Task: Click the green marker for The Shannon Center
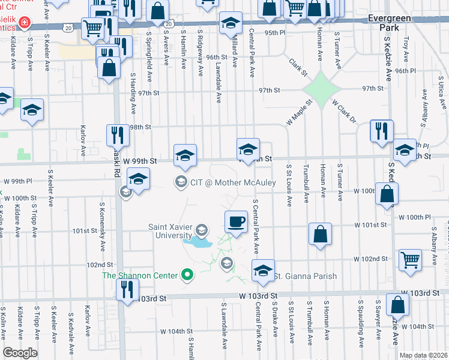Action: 187,275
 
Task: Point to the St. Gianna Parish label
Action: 306,276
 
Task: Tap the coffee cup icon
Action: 236,221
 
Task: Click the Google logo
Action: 20,353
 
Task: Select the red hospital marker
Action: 24,23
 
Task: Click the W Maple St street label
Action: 300,113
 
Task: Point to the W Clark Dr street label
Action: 344,112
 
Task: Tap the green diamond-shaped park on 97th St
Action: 321,89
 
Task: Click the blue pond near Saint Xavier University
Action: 198,244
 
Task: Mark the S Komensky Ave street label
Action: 103,235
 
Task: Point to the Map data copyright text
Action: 423,355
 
